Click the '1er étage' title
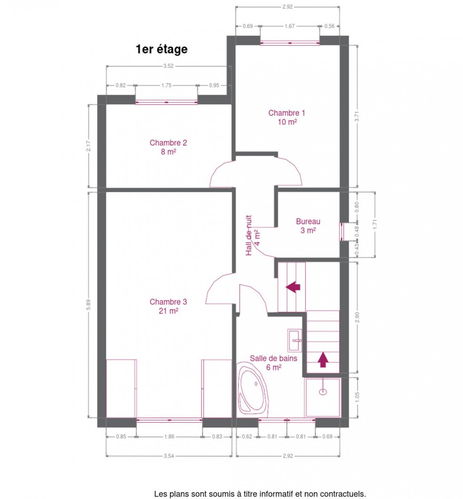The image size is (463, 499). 162,49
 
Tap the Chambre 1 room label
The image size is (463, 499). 287,117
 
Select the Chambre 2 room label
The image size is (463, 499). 168,147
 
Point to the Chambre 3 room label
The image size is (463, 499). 168,306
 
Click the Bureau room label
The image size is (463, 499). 308,226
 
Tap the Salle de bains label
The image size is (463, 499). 273,363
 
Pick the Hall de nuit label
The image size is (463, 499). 253,235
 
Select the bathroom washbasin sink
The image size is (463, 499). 295,340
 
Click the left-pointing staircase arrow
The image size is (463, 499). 293,287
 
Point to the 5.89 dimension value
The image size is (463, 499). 88,304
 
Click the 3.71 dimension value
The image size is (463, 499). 357,116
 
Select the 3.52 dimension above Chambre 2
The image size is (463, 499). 168,66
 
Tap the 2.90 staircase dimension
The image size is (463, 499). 357,317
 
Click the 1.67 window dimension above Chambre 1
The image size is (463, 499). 289,26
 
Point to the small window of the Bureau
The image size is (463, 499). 342,231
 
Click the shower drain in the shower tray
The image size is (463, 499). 323,391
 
